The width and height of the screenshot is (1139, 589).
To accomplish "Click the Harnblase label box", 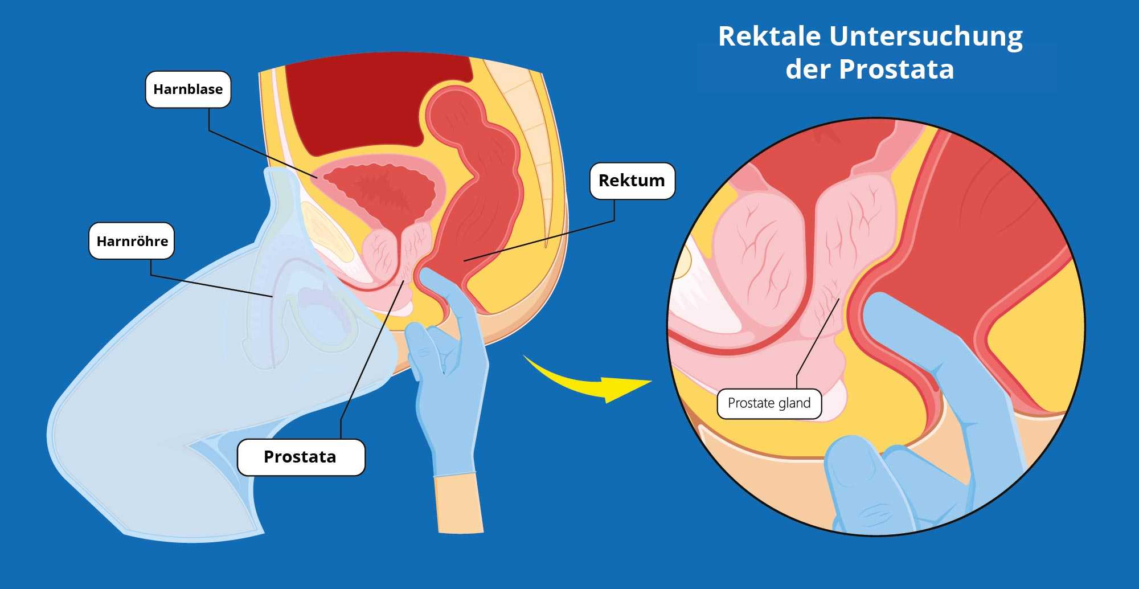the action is (x=188, y=89).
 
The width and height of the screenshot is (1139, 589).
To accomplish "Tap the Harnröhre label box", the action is (x=132, y=241).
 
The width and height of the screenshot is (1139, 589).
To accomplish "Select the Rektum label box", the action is (x=632, y=181).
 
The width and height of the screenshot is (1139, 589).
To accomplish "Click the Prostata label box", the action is (x=301, y=457).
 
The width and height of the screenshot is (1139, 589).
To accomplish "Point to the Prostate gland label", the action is (x=769, y=403).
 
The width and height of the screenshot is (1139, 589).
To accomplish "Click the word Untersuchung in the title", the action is (x=926, y=37).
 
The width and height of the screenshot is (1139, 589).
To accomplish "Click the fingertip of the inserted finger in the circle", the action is (x=880, y=310).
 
